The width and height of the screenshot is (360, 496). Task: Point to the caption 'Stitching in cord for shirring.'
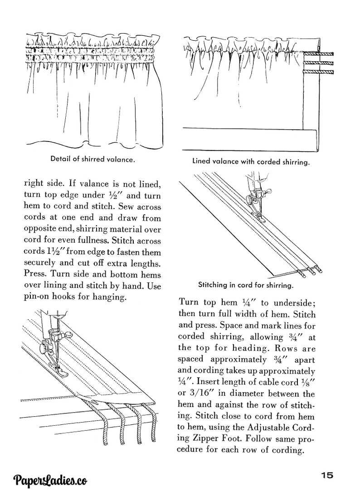pos(245,286)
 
